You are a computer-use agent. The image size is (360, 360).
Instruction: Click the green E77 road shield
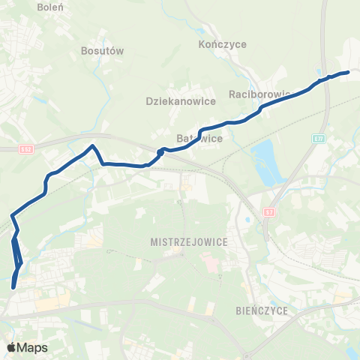318,139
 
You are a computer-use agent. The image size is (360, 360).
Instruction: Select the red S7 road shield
269,212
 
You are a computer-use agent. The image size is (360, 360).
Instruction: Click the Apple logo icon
11,348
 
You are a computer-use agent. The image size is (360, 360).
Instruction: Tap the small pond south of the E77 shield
247,220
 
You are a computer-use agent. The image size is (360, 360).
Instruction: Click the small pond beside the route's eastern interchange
320,73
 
